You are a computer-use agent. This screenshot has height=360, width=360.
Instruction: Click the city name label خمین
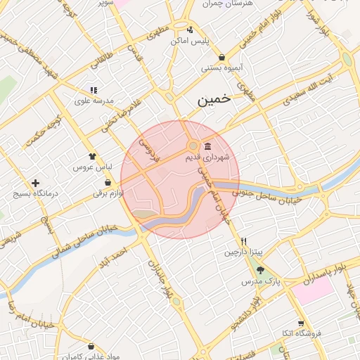tap(214, 101)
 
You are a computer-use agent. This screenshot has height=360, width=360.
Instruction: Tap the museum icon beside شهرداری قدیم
tap(207, 146)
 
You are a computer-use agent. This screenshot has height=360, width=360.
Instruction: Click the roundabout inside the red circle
tap(192, 146)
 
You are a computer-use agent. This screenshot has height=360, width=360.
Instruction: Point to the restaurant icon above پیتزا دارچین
tap(243, 241)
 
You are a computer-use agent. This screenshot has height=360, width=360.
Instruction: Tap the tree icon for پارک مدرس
tap(261, 270)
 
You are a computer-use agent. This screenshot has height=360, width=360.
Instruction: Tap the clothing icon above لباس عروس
tap(92, 157)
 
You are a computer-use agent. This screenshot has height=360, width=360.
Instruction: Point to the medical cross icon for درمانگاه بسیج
tap(35, 183)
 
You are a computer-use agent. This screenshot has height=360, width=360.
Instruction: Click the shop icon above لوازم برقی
tap(107, 182)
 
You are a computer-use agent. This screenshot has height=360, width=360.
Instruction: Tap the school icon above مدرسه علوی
tap(93, 90)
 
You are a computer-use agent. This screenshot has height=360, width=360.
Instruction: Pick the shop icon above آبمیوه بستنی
tap(222, 58)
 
